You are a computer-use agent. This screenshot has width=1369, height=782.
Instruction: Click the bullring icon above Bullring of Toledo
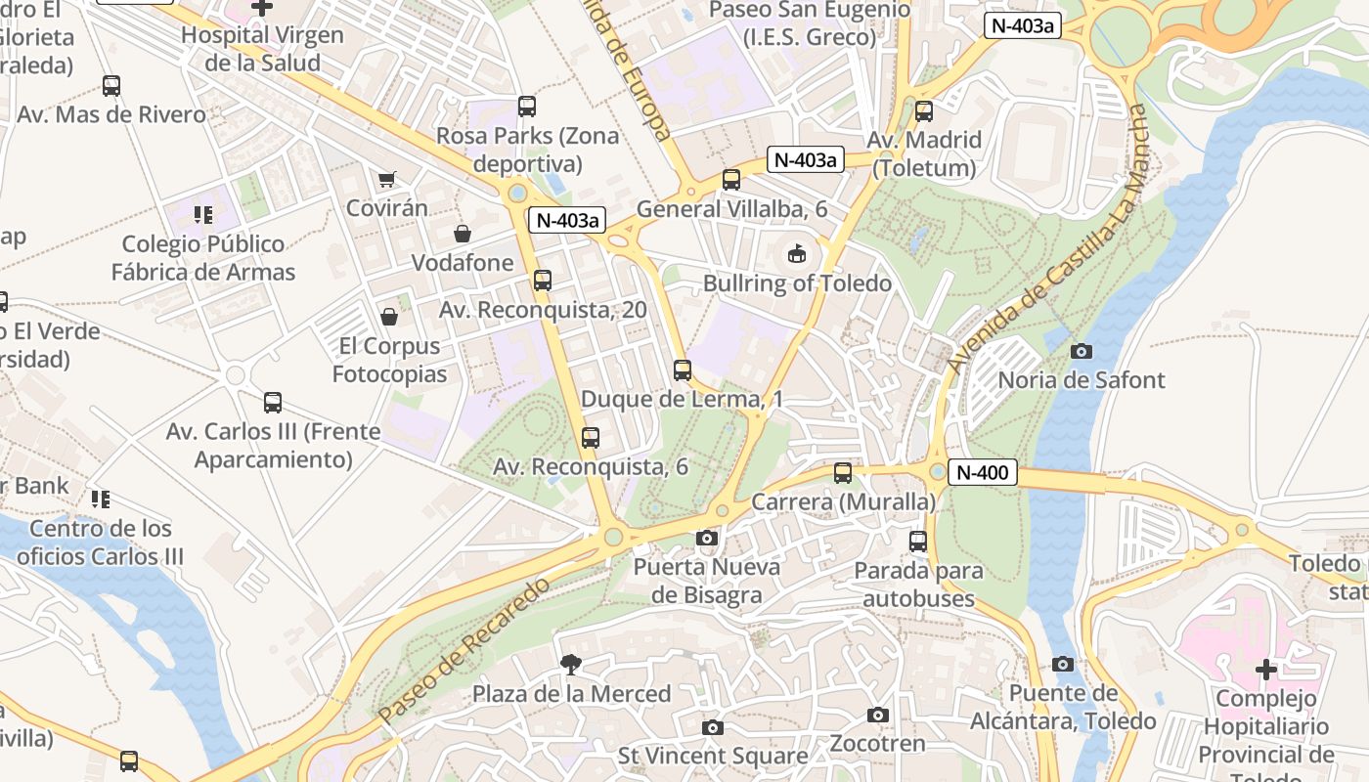pyautogui.click(x=798, y=254)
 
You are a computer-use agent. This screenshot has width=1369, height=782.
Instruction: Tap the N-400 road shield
pyautogui.click(x=982, y=473)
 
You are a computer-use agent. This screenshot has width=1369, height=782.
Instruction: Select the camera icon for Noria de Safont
pyautogui.click(x=1082, y=351)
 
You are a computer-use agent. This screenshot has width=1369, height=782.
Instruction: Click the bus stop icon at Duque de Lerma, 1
pyautogui.click(x=683, y=370)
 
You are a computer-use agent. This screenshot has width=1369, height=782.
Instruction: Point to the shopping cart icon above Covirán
pyautogui.click(x=387, y=179)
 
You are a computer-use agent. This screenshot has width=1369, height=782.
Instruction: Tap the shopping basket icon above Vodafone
pyautogui.click(x=463, y=234)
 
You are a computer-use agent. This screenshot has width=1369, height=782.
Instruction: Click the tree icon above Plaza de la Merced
pyautogui.click(x=570, y=666)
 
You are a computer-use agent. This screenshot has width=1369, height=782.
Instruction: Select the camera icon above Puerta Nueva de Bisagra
pyautogui.click(x=706, y=538)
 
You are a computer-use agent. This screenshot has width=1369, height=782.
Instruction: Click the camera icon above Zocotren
pyautogui.click(x=878, y=716)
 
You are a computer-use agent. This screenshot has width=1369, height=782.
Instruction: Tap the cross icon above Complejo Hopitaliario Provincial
pyautogui.click(x=1266, y=670)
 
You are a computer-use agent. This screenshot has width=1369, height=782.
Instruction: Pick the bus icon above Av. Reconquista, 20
pyautogui.click(x=543, y=281)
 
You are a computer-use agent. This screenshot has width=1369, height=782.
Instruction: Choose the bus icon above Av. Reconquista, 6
pyautogui.click(x=591, y=438)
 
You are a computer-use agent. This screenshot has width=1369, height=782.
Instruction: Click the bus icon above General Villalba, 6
pyautogui.click(x=731, y=180)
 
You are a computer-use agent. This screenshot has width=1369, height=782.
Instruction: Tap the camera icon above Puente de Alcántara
pyautogui.click(x=1063, y=665)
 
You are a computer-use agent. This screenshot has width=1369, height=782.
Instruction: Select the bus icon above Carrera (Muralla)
pyautogui.click(x=843, y=473)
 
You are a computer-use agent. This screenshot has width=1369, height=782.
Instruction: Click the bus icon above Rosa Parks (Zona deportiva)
pyautogui.click(x=527, y=107)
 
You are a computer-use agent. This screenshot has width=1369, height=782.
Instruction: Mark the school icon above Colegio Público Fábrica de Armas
pyautogui.click(x=203, y=214)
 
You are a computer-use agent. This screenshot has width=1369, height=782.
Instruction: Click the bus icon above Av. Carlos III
pyautogui.click(x=273, y=402)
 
